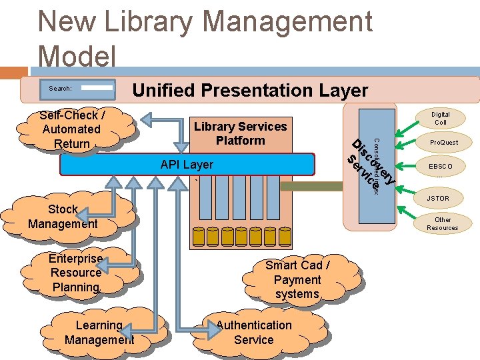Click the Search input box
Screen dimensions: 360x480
click(97, 87)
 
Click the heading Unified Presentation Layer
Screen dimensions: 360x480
click(251, 90)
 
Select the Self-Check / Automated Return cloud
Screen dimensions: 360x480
click(71, 129)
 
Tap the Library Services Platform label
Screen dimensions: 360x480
click(240, 133)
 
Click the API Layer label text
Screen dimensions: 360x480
click(187, 164)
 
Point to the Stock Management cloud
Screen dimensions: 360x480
click(63, 217)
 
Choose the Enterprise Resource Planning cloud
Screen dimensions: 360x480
click(75, 273)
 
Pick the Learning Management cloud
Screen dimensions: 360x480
click(99, 332)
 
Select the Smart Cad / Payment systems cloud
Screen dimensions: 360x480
click(297, 279)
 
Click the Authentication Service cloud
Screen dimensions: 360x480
click(253, 332)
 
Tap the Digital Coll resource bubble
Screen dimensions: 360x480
click(440, 119)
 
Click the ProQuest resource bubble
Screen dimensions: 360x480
click(443, 143)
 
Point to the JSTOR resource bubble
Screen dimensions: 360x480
click(438, 198)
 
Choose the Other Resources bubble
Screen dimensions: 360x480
click(442, 223)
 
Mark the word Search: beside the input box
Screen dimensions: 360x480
click(60, 88)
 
